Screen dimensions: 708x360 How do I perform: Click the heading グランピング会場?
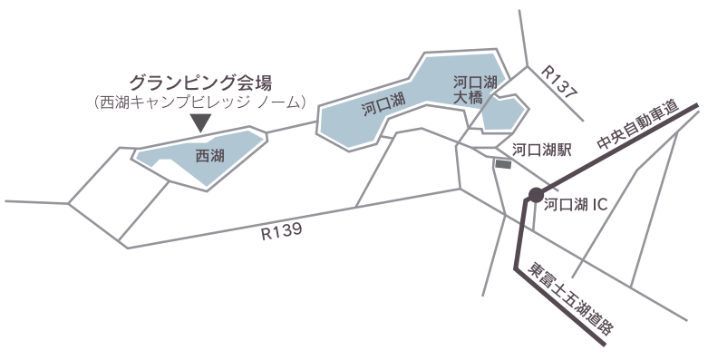pos(201,81)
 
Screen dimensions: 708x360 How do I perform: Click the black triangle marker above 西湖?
pos(200,122)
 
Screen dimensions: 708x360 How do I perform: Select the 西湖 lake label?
pos(209,156)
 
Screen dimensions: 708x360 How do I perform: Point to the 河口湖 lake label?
pos(382,107)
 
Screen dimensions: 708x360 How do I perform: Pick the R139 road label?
pos(280,233)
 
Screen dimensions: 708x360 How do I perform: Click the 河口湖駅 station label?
pos(541,151)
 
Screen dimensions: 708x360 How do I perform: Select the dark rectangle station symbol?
pos(503,164)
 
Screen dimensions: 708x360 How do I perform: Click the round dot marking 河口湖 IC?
pos(536,195)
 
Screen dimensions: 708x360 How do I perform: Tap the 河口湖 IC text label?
pos(581,205)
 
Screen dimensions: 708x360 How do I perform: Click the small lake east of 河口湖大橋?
pos(505,115)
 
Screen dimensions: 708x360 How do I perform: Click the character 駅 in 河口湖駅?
pos(564,151)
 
